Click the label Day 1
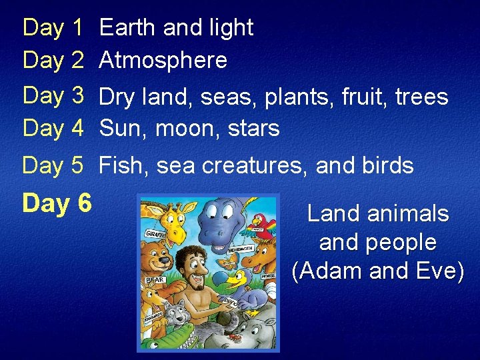click(53, 28)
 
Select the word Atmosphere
click(163, 61)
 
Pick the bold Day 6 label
click(57, 203)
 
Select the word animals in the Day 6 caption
click(407, 214)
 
